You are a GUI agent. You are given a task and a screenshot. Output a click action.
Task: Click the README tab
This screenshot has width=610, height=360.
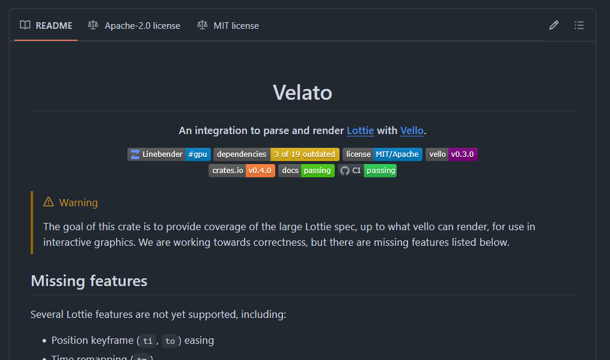coord(46,26)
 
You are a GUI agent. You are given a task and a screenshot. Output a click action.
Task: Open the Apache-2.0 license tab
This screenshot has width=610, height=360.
coord(134,26)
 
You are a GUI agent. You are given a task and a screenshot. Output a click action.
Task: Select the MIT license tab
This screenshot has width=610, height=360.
coord(228,26)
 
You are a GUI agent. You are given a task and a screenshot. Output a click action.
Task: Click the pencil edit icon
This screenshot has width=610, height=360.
coord(554,25)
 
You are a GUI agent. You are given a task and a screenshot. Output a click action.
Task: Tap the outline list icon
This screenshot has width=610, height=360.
coord(579,25)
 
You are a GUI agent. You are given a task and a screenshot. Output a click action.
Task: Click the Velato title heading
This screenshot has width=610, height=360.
coord(302,93)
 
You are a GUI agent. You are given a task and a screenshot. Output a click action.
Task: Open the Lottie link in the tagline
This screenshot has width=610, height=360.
coord(361,130)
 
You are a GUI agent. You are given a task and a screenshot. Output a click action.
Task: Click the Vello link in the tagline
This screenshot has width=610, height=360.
coord(412,130)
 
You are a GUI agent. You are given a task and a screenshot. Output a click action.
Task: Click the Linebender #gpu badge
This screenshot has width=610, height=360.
coord(169,154)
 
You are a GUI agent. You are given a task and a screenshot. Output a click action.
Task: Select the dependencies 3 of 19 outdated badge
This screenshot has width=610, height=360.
coord(276,154)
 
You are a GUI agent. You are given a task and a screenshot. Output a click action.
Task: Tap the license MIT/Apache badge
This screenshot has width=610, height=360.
coord(382,154)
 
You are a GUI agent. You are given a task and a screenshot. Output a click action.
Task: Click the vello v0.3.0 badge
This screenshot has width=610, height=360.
coord(451,154)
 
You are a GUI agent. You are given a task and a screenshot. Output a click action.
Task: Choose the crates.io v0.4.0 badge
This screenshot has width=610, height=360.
coord(242,171)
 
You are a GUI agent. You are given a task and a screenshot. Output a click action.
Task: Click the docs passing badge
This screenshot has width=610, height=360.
coord(307,171)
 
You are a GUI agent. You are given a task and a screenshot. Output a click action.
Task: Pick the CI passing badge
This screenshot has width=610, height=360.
coord(367,171)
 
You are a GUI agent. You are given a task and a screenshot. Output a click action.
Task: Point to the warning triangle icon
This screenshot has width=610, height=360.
coord(49,202)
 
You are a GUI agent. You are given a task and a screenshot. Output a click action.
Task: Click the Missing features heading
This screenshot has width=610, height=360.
coord(89,281)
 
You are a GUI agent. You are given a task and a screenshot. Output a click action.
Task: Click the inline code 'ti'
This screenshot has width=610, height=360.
coord(148,341)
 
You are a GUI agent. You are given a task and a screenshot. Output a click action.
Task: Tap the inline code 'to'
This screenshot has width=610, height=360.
coord(170,341)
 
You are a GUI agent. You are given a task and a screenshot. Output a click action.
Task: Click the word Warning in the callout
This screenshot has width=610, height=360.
coord(78,203)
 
